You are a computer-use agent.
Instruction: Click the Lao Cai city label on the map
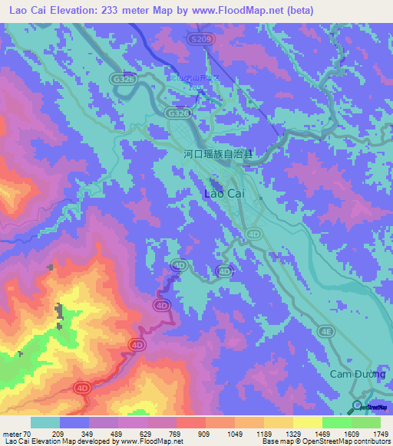click(225, 194)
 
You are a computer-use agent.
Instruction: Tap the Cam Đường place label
click(356, 374)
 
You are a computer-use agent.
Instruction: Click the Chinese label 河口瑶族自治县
click(218, 154)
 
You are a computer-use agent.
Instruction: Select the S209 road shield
click(201, 38)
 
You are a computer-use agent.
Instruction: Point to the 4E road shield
click(328, 331)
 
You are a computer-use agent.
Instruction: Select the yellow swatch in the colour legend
click(307, 423)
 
